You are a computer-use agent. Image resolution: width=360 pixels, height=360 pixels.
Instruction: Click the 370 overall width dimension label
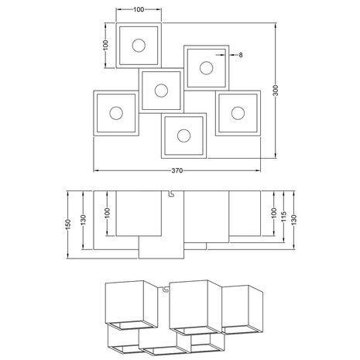click(177, 170)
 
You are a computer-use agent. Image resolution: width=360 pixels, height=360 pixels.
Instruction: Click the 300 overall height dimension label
click(276, 91)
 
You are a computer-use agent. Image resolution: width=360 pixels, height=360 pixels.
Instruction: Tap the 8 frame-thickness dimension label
click(241, 55)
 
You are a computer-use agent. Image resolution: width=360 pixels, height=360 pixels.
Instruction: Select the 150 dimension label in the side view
click(68, 225)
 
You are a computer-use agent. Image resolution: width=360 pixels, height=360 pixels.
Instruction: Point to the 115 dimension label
click(283, 217)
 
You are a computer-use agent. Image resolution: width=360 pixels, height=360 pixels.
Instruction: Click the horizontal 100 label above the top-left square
click(139, 10)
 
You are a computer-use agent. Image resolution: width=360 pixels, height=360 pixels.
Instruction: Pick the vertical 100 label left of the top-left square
click(105, 45)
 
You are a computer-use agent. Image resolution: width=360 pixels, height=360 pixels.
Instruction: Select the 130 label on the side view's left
click(84, 220)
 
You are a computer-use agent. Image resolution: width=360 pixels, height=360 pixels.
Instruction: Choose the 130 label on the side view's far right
click(293, 220)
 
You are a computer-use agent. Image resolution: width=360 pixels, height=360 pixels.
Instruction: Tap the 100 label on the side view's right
click(274, 213)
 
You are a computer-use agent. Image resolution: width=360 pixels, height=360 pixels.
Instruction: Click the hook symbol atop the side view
click(170, 194)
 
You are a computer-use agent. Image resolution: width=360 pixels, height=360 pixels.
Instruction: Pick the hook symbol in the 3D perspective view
click(166, 289)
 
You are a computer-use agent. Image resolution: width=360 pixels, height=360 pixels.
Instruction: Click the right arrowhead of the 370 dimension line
click(258, 170)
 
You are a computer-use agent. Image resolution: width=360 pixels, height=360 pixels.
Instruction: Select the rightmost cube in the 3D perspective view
click(242, 310)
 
